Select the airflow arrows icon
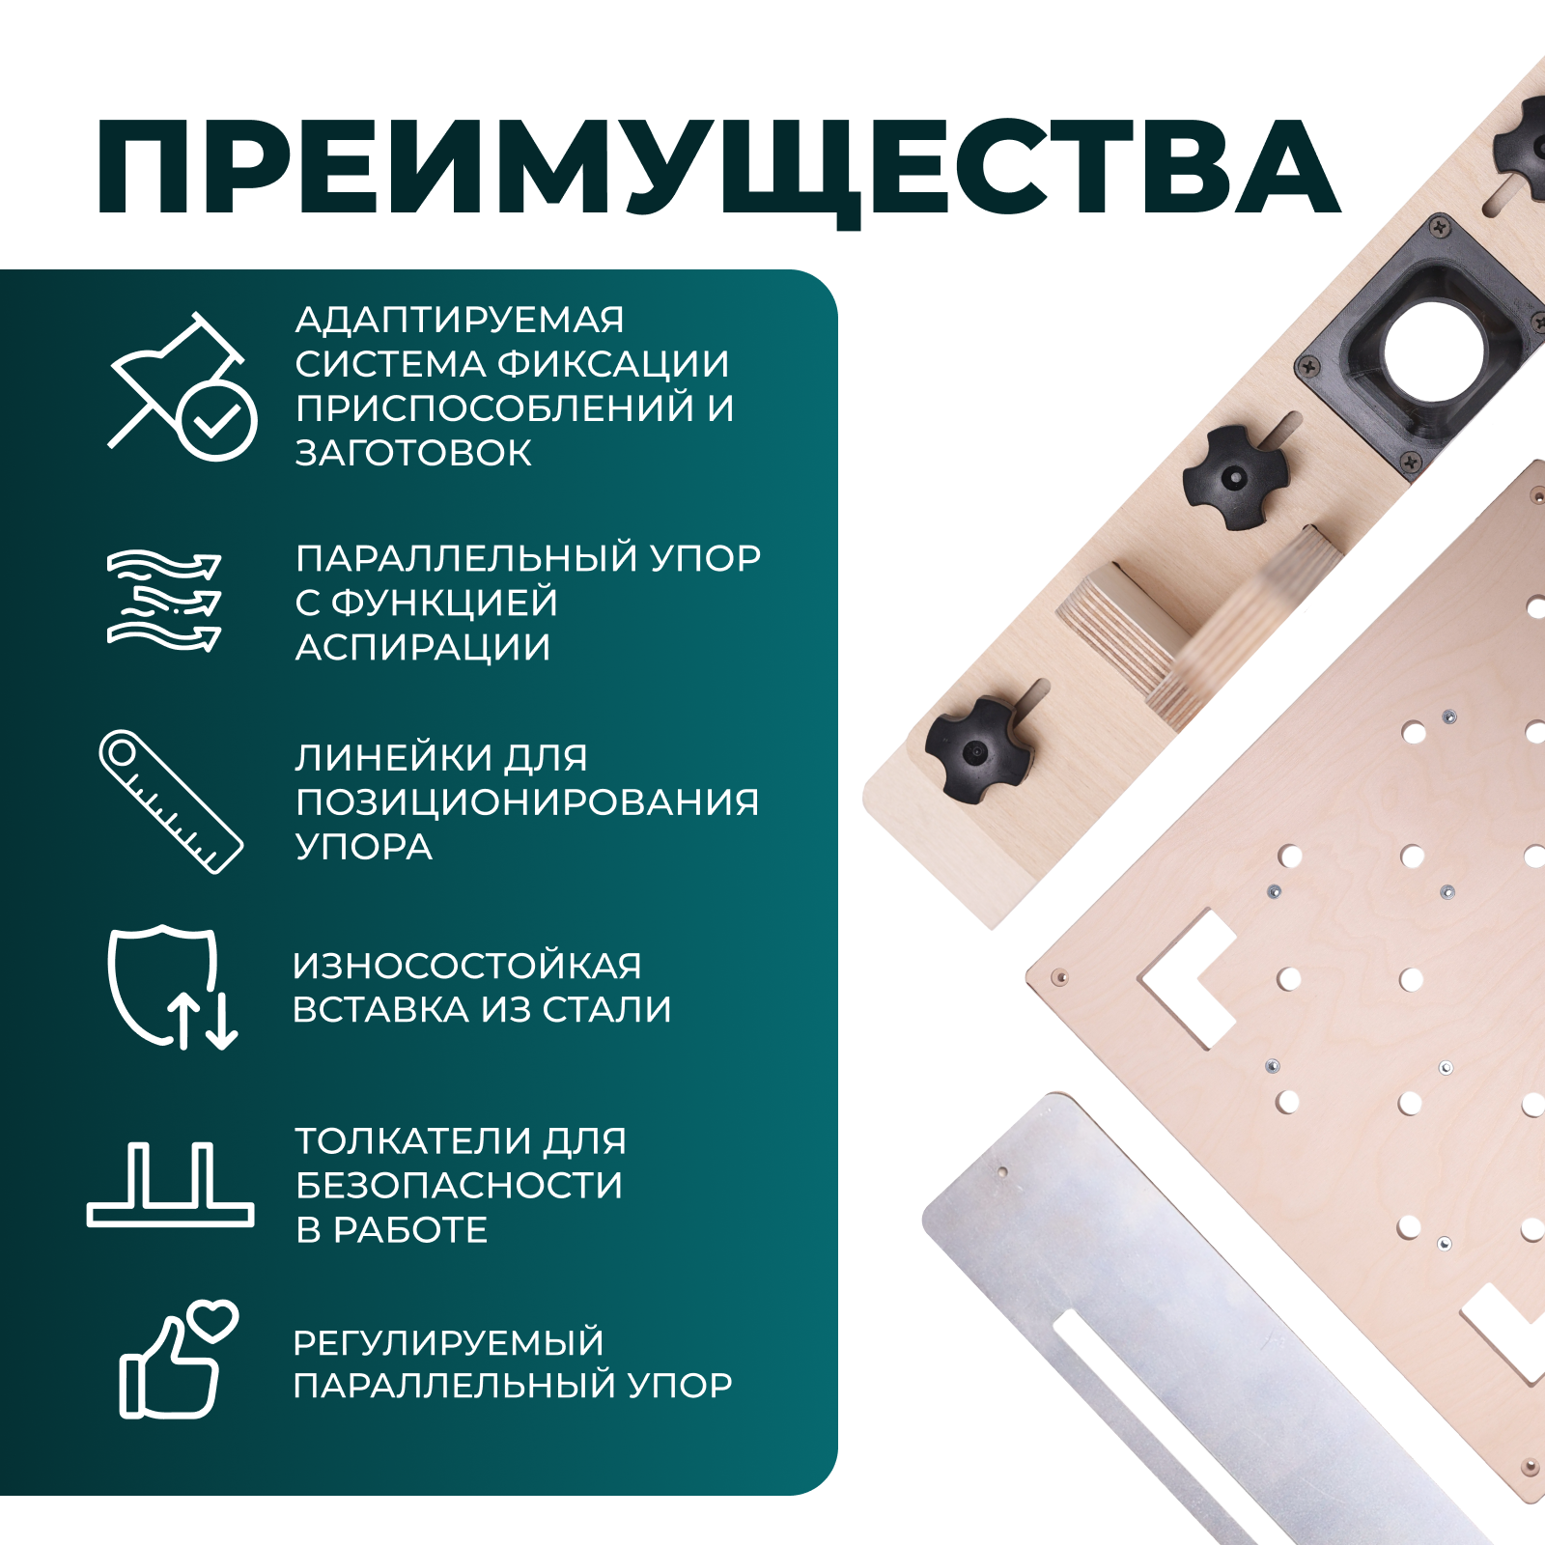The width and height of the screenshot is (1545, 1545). [164, 600]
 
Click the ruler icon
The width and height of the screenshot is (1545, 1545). [171, 802]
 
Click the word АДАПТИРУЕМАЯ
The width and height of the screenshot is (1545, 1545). [460, 320]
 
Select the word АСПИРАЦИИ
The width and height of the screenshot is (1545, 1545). [423, 647]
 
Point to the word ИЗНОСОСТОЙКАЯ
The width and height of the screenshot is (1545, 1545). [467, 966]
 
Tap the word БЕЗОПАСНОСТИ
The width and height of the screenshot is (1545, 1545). [460, 1186]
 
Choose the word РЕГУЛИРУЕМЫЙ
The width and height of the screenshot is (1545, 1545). [448, 1342]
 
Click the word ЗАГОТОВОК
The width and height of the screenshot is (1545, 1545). [413, 453]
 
